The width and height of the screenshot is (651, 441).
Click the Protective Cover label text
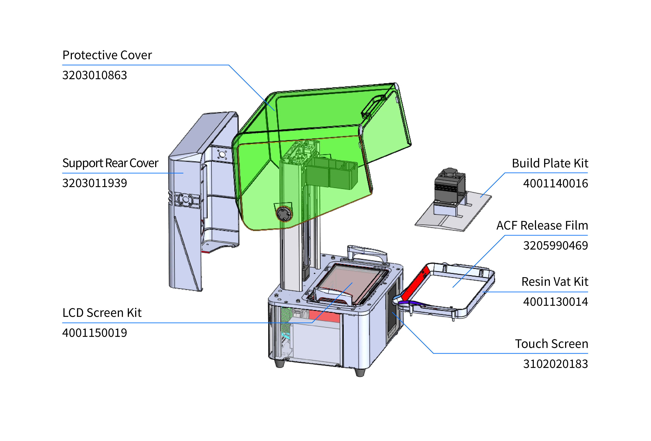tap(107, 55)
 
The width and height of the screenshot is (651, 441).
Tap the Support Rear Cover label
tap(110, 163)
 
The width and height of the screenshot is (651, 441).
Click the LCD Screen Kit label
tap(102, 313)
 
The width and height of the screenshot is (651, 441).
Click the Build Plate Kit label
tap(550, 163)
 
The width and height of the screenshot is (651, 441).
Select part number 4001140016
tap(556, 183)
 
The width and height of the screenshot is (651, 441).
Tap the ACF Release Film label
tap(542, 225)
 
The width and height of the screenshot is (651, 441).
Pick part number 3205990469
tap(556, 245)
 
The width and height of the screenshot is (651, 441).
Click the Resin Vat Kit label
tap(555, 282)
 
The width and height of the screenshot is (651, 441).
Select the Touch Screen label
tap(551, 344)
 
